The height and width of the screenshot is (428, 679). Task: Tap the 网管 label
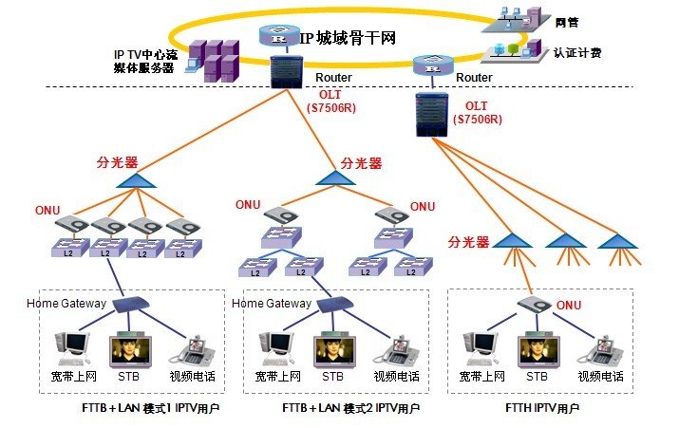[568, 20]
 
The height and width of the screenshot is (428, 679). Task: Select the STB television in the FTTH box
[538, 350]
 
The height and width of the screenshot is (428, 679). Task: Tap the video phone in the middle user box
[391, 349]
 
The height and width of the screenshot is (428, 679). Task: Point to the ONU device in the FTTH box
[536, 307]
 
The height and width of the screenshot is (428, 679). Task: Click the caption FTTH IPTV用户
[543, 407]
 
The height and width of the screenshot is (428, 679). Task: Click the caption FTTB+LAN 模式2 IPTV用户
[350, 407]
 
